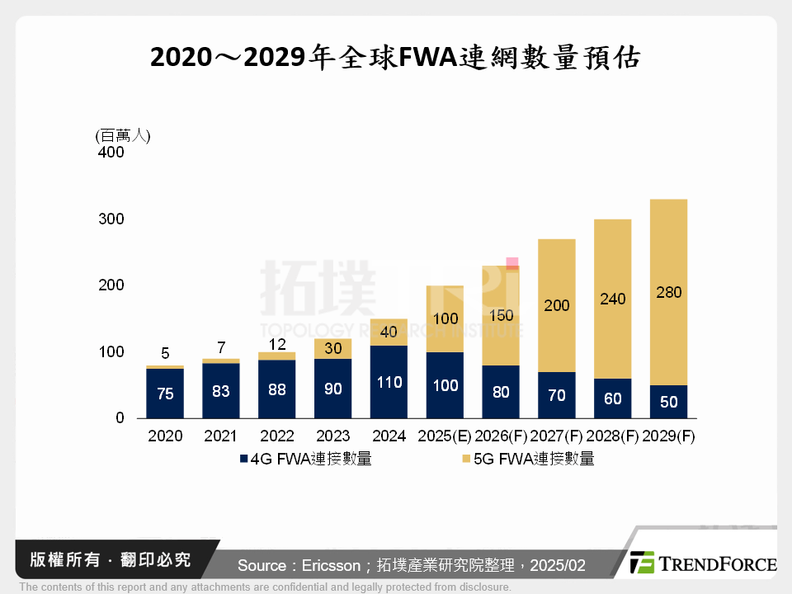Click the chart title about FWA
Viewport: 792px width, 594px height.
tap(395, 58)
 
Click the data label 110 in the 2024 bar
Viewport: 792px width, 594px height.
tap(389, 382)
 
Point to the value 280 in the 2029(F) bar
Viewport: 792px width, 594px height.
tap(667, 293)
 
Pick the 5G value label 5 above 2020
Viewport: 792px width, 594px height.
tap(165, 354)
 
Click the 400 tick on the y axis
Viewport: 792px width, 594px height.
tap(110, 153)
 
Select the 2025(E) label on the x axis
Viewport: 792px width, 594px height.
tap(445, 436)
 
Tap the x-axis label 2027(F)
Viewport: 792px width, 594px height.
tap(557, 436)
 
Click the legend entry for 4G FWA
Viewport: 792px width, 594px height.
tap(305, 460)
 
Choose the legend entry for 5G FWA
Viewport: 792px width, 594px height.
tap(528, 460)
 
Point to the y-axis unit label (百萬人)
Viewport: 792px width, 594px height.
tap(123, 136)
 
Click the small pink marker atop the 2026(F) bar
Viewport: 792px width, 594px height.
tap(512, 263)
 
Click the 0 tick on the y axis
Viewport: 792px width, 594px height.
tap(119, 418)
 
